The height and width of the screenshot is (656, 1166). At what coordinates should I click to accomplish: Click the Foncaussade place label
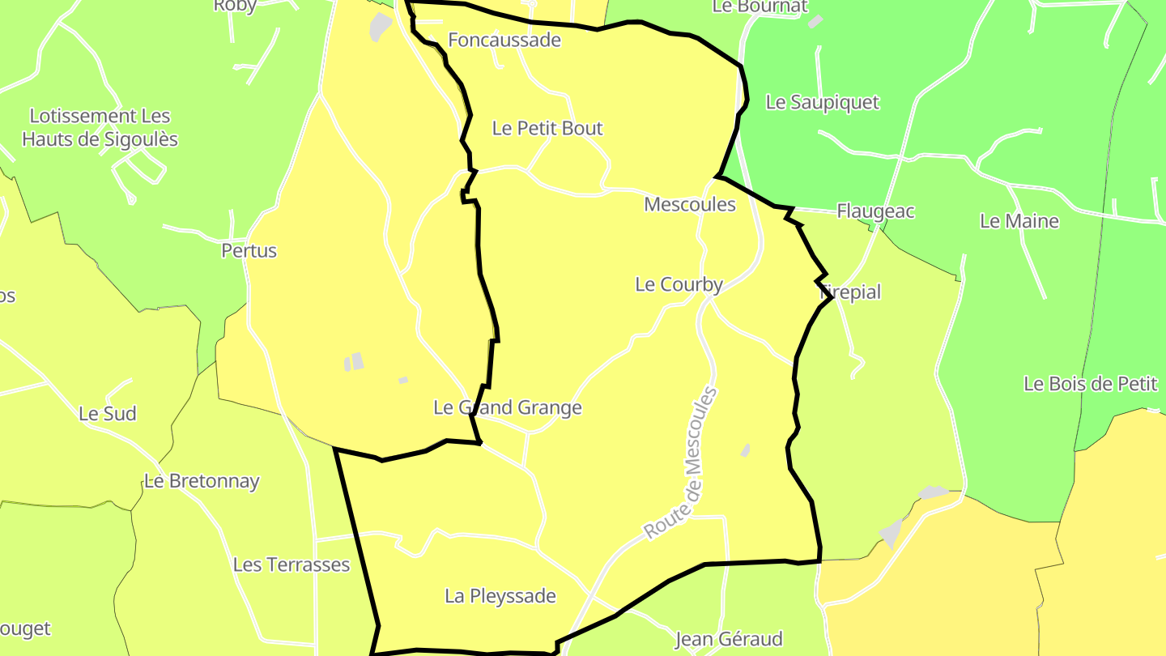(x=504, y=40)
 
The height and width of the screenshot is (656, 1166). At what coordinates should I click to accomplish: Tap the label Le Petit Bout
(x=547, y=128)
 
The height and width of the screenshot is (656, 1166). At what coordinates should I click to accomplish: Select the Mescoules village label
(x=690, y=204)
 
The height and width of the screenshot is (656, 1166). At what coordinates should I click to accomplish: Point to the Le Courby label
(x=679, y=284)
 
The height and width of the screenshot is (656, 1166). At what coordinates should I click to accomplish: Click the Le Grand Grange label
(x=508, y=407)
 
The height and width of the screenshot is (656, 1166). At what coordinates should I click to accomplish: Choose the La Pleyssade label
(x=500, y=596)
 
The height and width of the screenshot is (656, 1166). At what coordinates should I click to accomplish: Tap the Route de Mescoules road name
(x=681, y=463)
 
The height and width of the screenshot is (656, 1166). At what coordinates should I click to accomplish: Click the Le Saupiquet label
(x=822, y=102)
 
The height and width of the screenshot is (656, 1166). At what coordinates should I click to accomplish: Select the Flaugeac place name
(x=875, y=211)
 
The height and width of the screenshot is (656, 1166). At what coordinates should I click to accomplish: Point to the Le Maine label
(x=1019, y=220)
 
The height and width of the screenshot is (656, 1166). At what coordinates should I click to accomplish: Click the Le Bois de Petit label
(x=1091, y=384)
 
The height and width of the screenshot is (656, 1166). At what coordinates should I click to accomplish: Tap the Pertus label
(x=249, y=250)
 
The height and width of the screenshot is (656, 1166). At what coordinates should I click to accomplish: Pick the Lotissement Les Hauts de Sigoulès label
(x=100, y=127)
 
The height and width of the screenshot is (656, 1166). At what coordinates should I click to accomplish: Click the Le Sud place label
(x=107, y=414)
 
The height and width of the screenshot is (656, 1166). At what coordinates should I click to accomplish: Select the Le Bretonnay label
(x=202, y=481)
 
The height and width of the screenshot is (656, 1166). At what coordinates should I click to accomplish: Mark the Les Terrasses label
(x=291, y=564)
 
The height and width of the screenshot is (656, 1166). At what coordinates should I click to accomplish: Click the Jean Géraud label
(x=729, y=639)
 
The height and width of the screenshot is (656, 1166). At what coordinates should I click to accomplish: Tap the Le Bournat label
(x=760, y=6)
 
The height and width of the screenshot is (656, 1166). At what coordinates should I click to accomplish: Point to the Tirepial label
(x=850, y=292)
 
